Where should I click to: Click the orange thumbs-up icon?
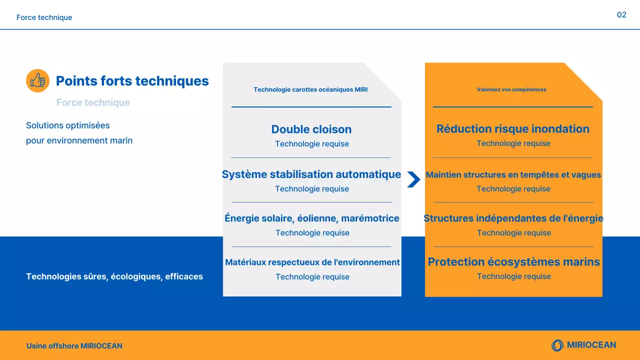(x=37, y=80)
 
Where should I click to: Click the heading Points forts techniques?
(x=132, y=81)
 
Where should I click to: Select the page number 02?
(x=621, y=15)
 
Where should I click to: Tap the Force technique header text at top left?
(x=44, y=17)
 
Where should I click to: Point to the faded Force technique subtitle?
(x=93, y=102)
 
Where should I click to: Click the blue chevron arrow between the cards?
(x=413, y=179)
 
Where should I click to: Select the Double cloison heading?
(x=311, y=129)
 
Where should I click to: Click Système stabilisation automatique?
(x=311, y=174)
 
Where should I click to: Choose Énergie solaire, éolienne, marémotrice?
(x=311, y=218)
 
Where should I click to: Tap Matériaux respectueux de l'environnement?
(x=312, y=262)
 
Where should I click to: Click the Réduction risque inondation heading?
(x=512, y=129)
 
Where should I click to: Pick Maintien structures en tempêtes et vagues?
(x=513, y=175)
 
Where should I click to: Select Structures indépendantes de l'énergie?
(x=513, y=218)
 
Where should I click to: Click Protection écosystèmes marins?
(x=513, y=262)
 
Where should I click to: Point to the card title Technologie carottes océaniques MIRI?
(x=310, y=90)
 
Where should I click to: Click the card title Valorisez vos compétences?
(x=511, y=90)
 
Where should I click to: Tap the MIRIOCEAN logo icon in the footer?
(x=557, y=345)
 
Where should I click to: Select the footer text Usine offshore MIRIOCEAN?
(x=74, y=346)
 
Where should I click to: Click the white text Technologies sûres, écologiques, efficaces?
(x=114, y=276)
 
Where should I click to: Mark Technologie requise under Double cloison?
(x=311, y=144)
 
